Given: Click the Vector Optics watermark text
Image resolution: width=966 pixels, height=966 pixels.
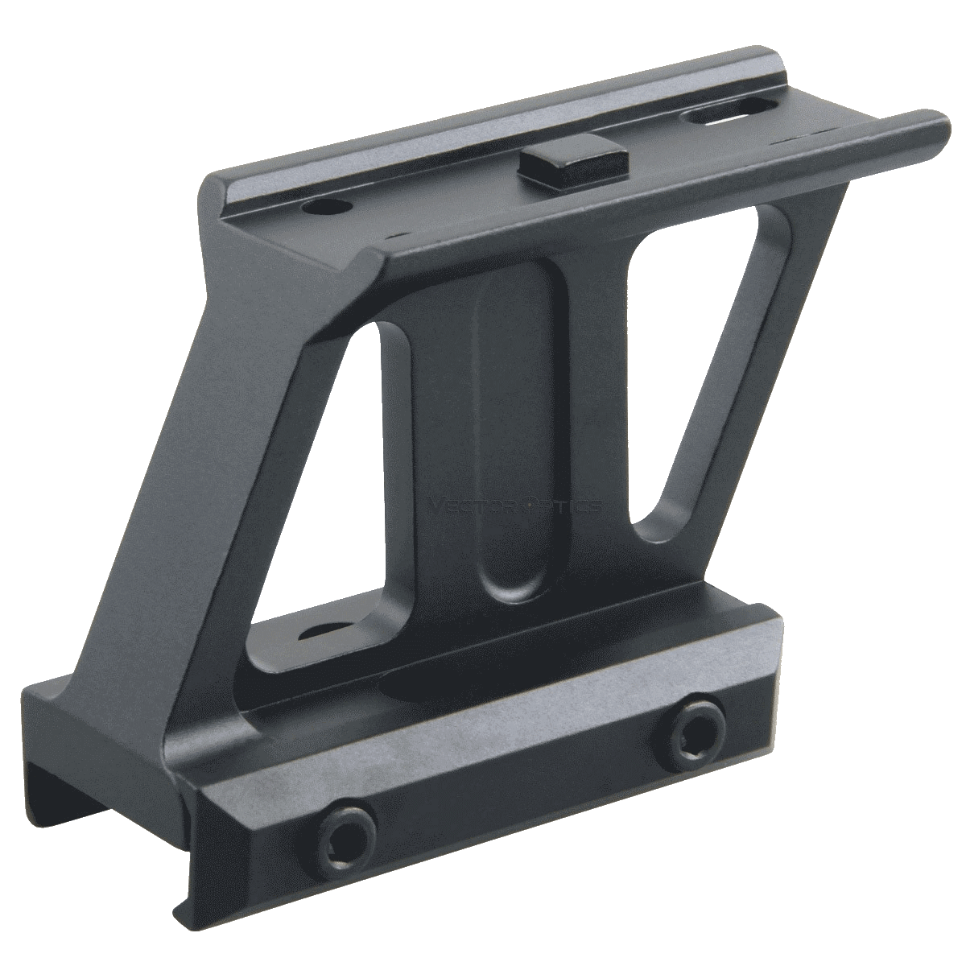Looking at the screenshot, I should [515, 506].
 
